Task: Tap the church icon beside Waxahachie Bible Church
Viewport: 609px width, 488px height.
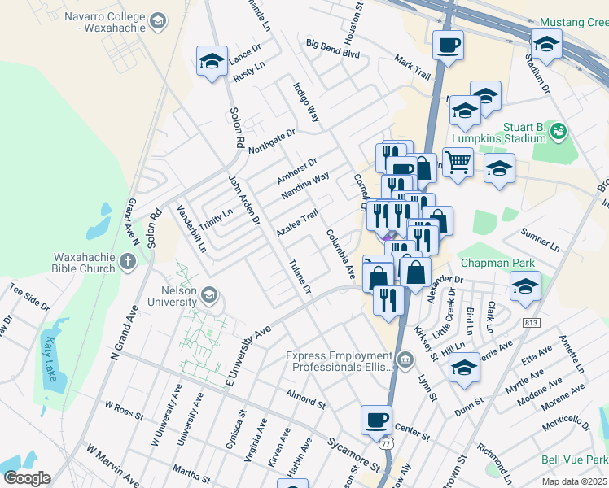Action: (x=127, y=262)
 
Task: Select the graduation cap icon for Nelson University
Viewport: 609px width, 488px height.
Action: (x=209, y=294)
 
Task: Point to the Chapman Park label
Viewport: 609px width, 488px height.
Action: (x=497, y=263)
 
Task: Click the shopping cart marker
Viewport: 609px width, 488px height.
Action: (x=458, y=161)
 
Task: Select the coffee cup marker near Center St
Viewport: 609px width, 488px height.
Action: (x=376, y=419)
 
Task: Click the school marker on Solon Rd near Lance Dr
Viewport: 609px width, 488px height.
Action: (x=212, y=60)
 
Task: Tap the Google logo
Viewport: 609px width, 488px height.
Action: (x=26, y=477)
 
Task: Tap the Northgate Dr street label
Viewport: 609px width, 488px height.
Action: (x=272, y=140)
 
